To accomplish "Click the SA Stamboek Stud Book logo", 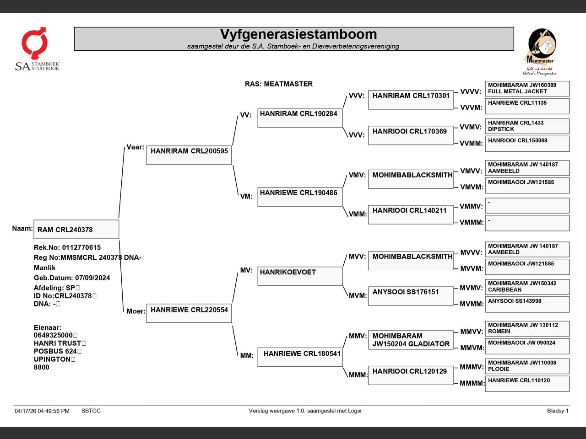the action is click(37, 49).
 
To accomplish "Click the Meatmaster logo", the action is click(540, 52).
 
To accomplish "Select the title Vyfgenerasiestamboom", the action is click(298, 34).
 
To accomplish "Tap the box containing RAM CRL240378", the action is click(76, 229).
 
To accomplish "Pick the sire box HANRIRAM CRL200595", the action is click(189, 155).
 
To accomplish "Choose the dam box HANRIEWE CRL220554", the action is click(189, 313).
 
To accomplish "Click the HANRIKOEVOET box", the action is click(300, 276).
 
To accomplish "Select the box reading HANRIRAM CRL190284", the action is click(300, 118).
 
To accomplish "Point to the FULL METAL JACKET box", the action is click(527, 89).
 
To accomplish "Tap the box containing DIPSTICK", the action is click(527, 126).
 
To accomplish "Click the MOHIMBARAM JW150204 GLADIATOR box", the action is click(411, 340).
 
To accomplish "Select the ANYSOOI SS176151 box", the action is click(411, 296).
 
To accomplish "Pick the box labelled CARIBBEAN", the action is click(527, 287).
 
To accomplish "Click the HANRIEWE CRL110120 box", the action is click(527, 384).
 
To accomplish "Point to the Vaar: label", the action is click(135, 147).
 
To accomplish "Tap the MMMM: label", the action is click(472, 383).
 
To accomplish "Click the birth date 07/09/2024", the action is click(92, 278).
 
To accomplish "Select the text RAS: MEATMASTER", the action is click(279, 84).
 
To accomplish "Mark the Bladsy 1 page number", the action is click(558, 411).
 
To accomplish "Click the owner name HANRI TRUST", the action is click(57, 343).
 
